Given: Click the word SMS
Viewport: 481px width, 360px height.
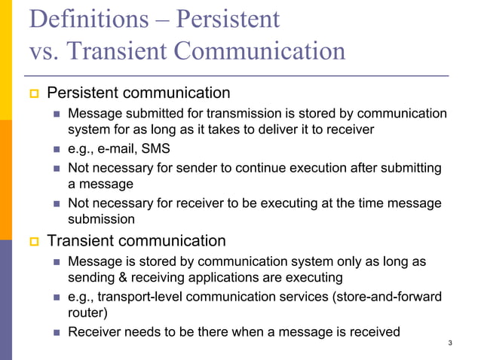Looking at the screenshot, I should click(x=155, y=148).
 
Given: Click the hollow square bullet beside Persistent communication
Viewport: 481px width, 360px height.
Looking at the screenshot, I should click(x=32, y=94).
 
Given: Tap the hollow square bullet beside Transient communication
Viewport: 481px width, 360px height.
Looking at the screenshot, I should click(x=32, y=243).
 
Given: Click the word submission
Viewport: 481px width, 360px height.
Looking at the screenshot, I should click(x=102, y=219).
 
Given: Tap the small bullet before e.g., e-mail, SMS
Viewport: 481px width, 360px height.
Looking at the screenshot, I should click(x=57, y=149).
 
